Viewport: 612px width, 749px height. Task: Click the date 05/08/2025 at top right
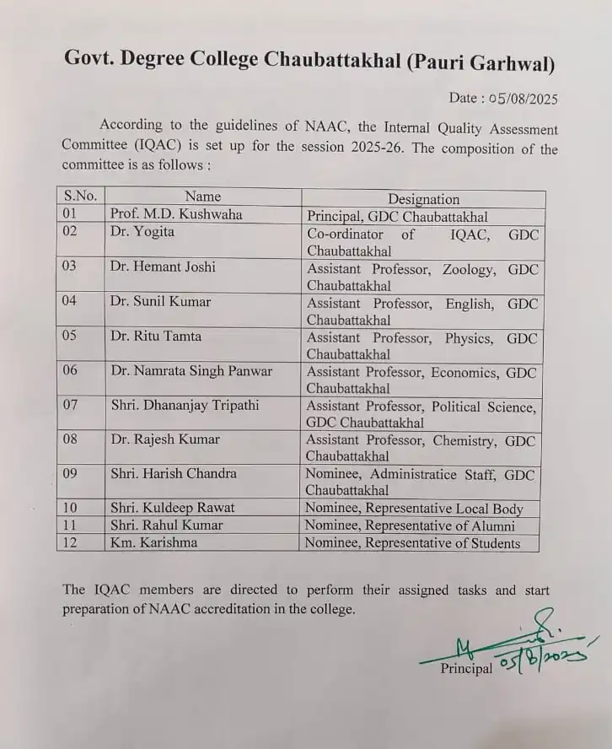point(520,98)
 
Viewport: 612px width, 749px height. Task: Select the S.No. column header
point(81,197)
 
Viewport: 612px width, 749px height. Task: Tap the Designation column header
point(423,199)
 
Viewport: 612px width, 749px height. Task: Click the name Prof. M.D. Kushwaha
point(175,214)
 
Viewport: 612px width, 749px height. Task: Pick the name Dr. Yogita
point(142,232)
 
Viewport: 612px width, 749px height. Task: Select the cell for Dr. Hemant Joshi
point(162,267)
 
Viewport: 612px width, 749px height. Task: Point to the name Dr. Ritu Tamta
point(157,337)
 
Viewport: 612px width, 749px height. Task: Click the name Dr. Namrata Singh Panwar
point(191,371)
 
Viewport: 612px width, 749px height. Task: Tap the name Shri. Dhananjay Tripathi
point(185,406)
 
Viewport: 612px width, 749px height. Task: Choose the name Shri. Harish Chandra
point(174,473)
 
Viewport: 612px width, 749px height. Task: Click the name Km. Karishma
point(153,542)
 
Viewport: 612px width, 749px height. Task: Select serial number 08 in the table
point(70,439)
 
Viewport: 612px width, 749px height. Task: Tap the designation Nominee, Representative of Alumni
point(410,525)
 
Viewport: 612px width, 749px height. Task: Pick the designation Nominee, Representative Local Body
point(414,509)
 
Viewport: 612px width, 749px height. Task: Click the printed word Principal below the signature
point(466,669)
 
